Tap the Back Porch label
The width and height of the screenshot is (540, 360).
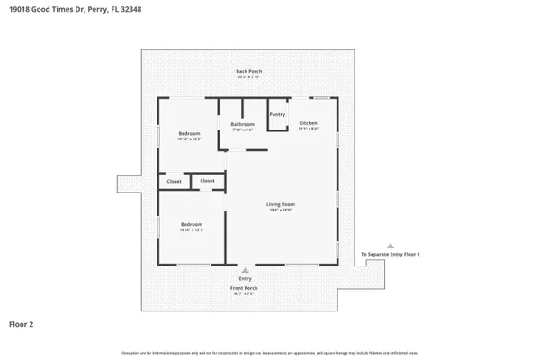(x=248, y=71)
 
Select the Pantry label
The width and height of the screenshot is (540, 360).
(x=278, y=114)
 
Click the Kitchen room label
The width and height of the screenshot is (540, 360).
(x=308, y=122)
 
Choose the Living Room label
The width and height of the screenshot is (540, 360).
(x=281, y=204)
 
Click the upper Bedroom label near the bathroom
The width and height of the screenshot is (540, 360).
(x=189, y=134)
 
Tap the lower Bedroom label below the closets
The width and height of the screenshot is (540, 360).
(x=191, y=224)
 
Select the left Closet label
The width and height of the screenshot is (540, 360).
(x=174, y=182)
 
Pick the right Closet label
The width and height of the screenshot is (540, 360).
(x=207, y=181)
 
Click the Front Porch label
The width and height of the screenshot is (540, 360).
(x=246, y=287)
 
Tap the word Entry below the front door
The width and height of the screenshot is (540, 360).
(x=246, y=279)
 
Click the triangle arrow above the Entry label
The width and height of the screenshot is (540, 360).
(x=246, y=269)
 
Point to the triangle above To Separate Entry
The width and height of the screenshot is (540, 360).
(x=391, y=246)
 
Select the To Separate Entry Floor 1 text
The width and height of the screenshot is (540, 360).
(x=391, y=255)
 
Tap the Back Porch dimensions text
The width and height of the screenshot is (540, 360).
(x=248, y=77)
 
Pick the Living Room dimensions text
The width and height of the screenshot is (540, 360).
(x=281, y=211)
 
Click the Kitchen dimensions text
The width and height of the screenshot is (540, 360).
(x=308, y=129)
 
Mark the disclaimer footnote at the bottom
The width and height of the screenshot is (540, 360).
(x=270, y=351)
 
